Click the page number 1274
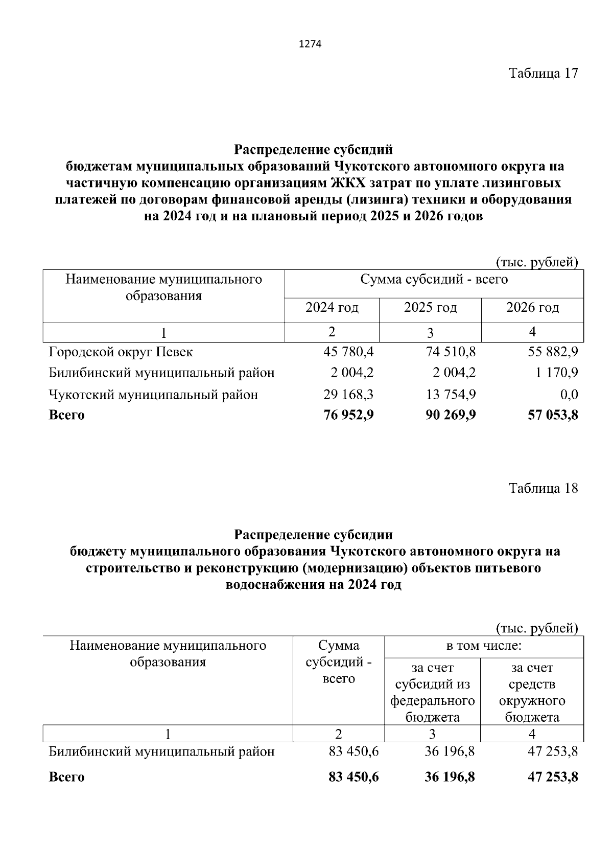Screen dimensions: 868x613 point(310,44)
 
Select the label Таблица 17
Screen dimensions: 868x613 point(543,73)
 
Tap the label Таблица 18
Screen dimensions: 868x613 point(543,488)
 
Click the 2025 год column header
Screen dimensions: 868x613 point(430,308)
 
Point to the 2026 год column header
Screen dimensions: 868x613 point(532,308)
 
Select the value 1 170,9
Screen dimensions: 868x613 point(556,373)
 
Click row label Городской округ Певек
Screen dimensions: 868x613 point(121,352)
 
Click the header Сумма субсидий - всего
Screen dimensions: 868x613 point(434,280)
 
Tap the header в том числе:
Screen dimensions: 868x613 point(483,646)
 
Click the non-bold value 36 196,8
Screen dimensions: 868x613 point(450,751)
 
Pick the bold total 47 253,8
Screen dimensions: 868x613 point(553,777)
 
